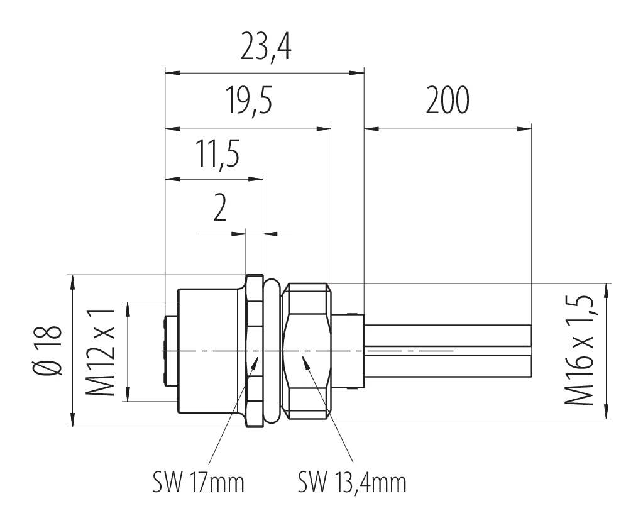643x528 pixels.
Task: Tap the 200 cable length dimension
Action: click(x=447, y=103)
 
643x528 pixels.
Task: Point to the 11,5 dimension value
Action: click(x=216, y=156)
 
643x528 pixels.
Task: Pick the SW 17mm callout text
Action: click(x=197, y=483)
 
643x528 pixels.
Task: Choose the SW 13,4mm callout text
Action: click(x=352, y=483)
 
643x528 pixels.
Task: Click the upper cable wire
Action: click(x=448, y=334)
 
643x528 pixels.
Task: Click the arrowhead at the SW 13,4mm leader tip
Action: click(x=304, y=360)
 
